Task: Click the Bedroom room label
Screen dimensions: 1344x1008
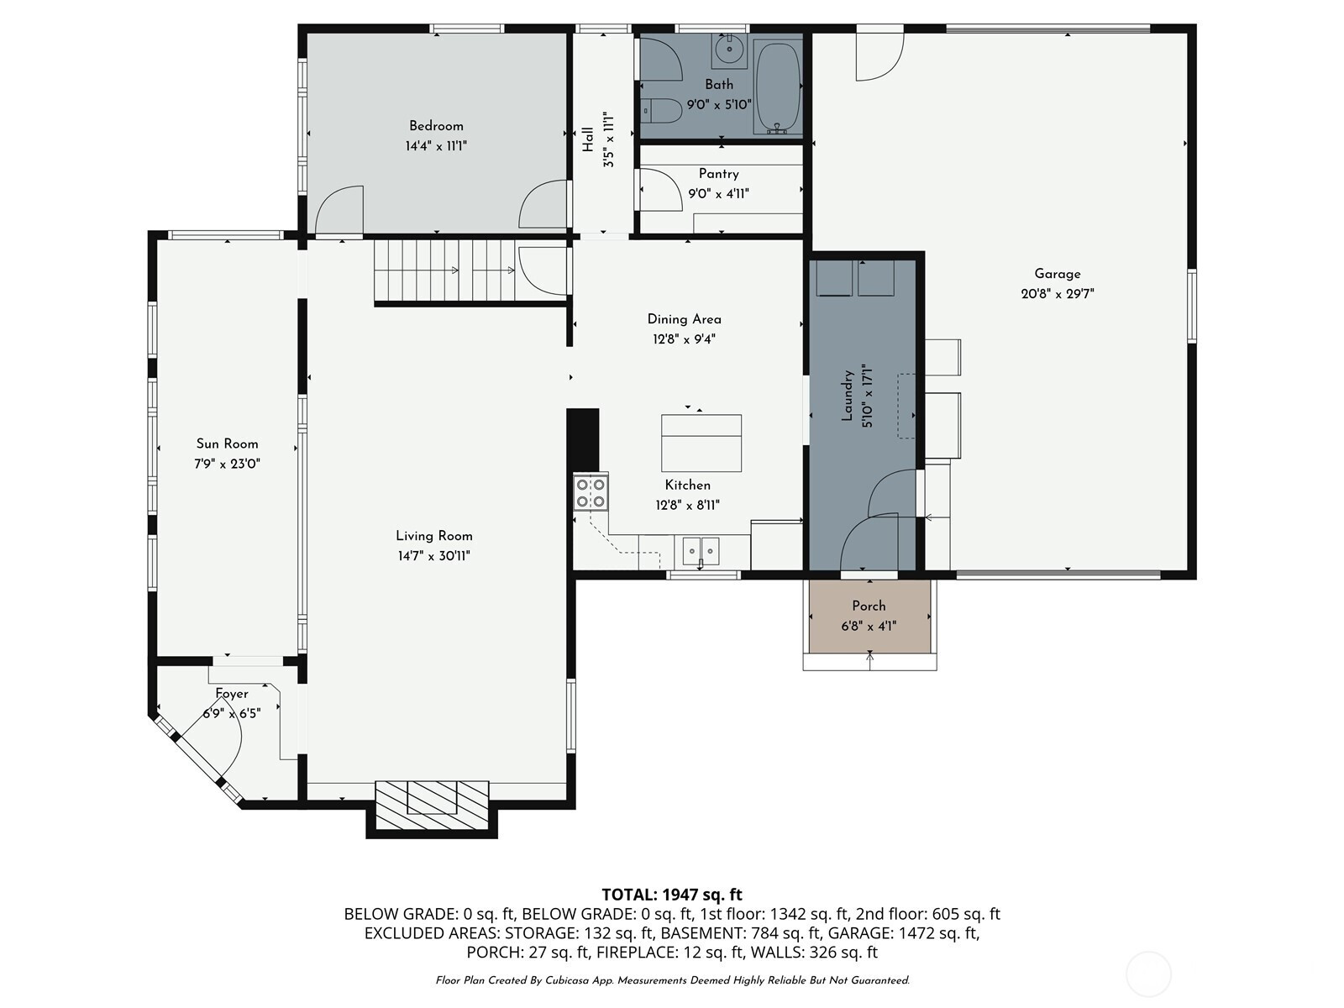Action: tap(436, 126)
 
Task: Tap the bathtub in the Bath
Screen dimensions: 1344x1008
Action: tap(777, 87)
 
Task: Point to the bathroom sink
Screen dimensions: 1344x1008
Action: tap(729, 50)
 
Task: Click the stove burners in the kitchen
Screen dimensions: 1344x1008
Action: tap(591, 493)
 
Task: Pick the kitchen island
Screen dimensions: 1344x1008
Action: tap(701, 443)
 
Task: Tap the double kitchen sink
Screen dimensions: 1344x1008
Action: tap(701, 551)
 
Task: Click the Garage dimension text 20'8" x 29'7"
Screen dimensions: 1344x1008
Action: tap(1058, 294)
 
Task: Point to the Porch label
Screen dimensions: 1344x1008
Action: tap(869, 606)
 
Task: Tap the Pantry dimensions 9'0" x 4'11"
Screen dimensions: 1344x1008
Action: tap(719, 194)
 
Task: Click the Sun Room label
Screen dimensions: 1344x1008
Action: tap(227, 444)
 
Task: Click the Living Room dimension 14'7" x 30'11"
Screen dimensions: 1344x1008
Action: tap(433, 556)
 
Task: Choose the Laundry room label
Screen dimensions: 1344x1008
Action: tap(848, 396)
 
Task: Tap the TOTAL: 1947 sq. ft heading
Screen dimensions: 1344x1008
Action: tap(672, 895)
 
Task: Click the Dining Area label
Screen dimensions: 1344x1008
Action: tap(685, 319)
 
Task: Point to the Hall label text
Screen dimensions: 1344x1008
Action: tap(589, 139)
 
